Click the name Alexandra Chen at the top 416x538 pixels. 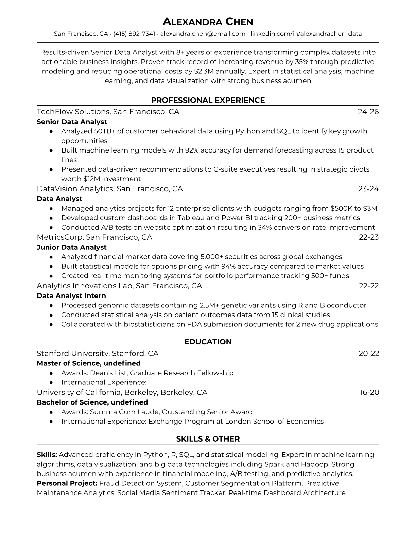208,22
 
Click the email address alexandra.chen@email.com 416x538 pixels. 203,34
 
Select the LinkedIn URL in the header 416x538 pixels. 306,34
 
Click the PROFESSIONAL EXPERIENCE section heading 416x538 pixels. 208,100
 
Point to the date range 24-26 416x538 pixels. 368,112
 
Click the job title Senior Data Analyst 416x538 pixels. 72,122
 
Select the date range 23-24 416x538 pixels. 368,189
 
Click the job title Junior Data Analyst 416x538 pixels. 72,247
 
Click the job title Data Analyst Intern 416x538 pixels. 71,296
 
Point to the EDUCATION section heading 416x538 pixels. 208,342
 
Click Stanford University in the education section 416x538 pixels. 72,354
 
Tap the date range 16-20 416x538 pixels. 369,393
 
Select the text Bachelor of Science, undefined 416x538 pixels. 92,402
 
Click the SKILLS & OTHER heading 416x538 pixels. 208,439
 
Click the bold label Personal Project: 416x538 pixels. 67,483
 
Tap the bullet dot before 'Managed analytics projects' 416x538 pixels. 51,209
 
